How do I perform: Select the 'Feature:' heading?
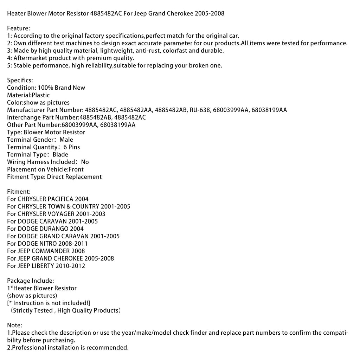19,28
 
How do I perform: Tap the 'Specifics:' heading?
20,81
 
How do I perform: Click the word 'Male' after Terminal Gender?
66,140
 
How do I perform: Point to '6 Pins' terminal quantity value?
72,147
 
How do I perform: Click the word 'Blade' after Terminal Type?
60,155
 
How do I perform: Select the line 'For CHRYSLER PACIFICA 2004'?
48,199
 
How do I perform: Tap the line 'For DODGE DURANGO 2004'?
45,229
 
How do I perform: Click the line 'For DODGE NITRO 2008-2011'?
47,244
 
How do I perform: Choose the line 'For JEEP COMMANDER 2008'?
46,251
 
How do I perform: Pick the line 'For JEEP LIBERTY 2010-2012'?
46,266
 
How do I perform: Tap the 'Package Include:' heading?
31,281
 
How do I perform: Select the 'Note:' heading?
15,326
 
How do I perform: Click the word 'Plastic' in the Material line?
41,95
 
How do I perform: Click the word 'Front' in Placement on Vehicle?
76,169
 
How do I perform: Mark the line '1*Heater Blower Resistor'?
42,288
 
